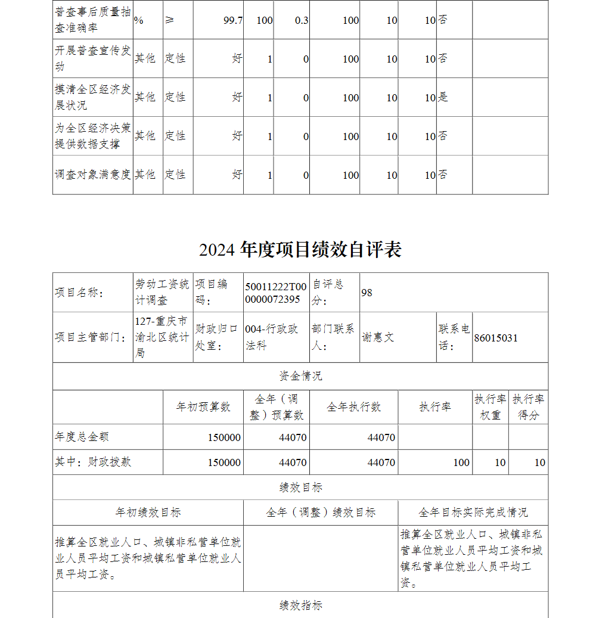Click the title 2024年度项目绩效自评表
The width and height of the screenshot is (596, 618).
pyautogui.click(x=300, y=250)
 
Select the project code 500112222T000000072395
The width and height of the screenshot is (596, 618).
pyautogui.click(x=275, y=293)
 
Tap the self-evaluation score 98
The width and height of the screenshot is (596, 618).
pyautogui.click(x=367, y=293)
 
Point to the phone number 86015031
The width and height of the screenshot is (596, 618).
pyautogui.click(x=496, y=338)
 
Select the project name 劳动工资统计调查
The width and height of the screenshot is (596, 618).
pyautogui.click(x=162, y=293)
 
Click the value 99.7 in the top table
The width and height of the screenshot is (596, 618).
pyautogui.click(x=232, y=20)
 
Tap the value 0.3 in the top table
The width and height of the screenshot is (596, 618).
pyautogui.click(x=302, y=20)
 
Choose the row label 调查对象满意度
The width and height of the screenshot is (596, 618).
pyautogui.click(x=93, y=175)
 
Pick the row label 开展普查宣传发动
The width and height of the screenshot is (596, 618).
pyautogui.click(x=93, y=58)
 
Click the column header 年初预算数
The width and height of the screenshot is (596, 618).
pyautogui.click(x=203, y=407)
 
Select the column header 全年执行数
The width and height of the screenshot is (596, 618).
pyautogui.click(x=354, y=407)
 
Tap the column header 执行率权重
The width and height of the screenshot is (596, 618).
pyautogui.click(x=491, y=407)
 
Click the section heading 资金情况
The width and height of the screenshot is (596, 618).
pyautogui.click(x=300, y=376)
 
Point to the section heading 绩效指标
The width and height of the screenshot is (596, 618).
pyautogui.click(x=300, y=605)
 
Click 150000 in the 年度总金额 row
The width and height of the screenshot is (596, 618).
pyautogui.click(x=224, y=437)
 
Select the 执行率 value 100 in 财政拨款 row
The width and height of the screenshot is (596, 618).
pyautogui.click(x=461, y=462)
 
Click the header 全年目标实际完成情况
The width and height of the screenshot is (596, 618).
pyautogui.click(x=473, y=513)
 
